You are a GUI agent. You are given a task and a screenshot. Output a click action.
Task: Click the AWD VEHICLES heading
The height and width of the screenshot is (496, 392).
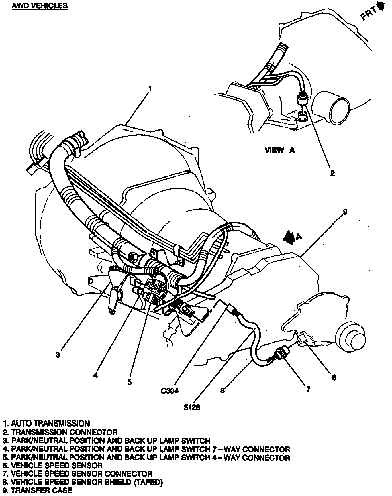coord(40,5)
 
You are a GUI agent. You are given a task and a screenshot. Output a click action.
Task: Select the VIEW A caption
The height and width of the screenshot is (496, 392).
coord(279,150)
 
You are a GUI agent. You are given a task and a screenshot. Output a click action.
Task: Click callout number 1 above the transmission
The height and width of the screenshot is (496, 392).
coord(150,88)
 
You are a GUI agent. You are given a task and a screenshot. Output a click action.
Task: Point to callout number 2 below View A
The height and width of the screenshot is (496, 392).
coord(332,173)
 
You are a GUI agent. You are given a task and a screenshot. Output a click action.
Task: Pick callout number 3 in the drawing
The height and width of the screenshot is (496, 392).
coord(58,355)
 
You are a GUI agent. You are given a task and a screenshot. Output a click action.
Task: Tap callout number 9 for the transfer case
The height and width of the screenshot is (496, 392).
coord(345,212)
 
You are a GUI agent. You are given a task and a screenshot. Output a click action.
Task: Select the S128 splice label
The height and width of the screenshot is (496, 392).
coord(192,407)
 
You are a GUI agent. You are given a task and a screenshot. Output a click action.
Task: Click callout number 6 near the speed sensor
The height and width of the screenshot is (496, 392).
coord(334,377)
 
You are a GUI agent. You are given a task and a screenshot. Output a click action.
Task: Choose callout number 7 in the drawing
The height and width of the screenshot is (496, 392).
coord(308,389)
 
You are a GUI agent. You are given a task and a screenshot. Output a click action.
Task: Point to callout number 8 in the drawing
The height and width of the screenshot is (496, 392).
coord(222,390)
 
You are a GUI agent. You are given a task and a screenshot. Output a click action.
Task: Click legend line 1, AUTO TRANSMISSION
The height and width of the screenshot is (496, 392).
coord(46,423)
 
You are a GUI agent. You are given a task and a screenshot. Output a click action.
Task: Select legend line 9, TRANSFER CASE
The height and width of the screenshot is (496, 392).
coord(38,490)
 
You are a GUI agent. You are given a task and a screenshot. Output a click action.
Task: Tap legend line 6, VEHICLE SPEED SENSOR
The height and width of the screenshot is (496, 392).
coord(53,465)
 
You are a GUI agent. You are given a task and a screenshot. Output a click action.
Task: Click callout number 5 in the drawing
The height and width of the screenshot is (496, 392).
coord(129,382)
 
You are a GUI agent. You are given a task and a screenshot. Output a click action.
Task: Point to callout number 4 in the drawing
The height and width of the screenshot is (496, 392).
coord(96,375)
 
